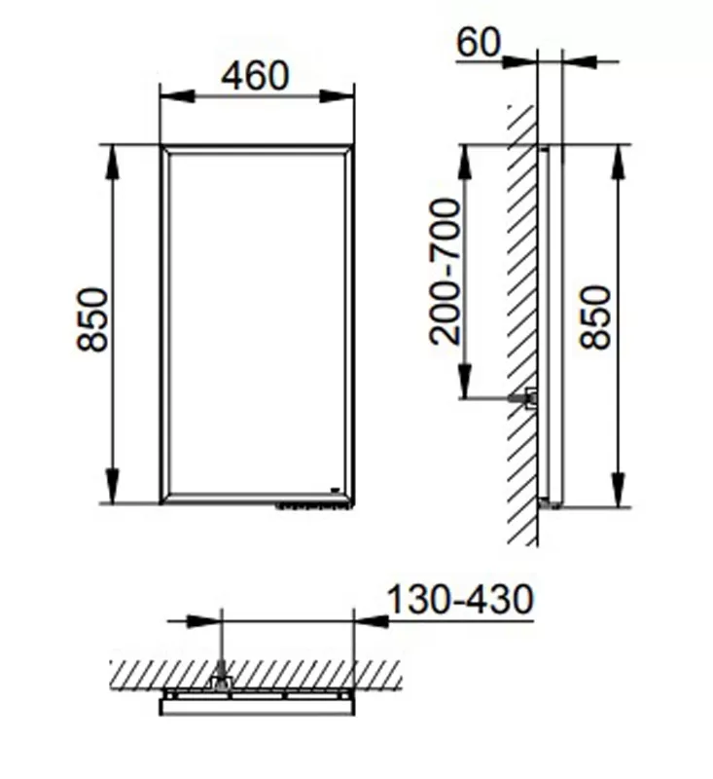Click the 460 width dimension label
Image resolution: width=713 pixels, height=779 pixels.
pyautogui.click(x=255, y=76)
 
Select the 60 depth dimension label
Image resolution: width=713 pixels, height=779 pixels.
pyautogui.click(x=479, y=42)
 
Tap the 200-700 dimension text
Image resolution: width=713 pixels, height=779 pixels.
pyautogui.click(x=446, y=272)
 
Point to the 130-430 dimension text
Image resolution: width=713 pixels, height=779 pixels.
pyautogui.click(x=460, y=600)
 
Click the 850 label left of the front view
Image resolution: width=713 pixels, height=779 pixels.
pyautogui.click(x=92, y=319)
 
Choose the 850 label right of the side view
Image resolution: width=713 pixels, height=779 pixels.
pyautogui.click(x=595, y=317)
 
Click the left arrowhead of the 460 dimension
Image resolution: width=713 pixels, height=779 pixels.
pyautogui.click(x=177, y=96)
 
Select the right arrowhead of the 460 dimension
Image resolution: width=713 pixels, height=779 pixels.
pyautogui.click(x=337, y=96)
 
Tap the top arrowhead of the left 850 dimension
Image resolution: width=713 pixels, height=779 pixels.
pyautogui.click(x=113, y=162)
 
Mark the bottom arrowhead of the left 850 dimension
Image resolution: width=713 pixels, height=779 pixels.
pyautogui.click(x=113, y=486)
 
